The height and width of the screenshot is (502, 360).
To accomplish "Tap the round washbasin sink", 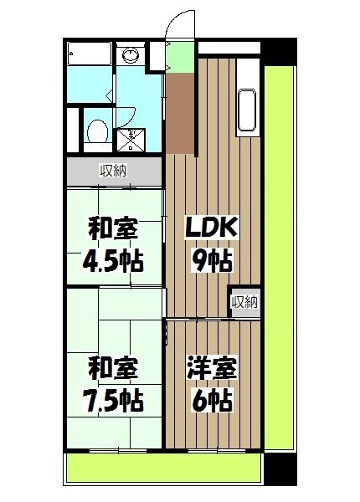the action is pos(131,55).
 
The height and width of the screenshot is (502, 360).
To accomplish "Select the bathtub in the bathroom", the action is pos(90,54).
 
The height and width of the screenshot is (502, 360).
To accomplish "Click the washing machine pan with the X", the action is pos(131,140).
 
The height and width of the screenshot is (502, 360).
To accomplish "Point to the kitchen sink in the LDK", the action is pos(247,110).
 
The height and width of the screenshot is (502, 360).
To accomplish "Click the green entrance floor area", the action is pos(180,58).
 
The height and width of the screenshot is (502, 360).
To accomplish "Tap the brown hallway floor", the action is pos(180,114).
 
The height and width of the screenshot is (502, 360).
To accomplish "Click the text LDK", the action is pos(212,228).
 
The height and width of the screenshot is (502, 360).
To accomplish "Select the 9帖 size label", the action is pos(212,261).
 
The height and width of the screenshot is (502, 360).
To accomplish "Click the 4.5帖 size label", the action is pos(113,261).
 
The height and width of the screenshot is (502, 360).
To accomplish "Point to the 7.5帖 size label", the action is pos(113,401).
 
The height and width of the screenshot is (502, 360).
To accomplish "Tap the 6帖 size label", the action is pos(212,401).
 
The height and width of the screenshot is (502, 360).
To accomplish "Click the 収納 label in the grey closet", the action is pos(114,171).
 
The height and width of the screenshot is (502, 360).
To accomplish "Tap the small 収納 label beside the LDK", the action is pos(245,301).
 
